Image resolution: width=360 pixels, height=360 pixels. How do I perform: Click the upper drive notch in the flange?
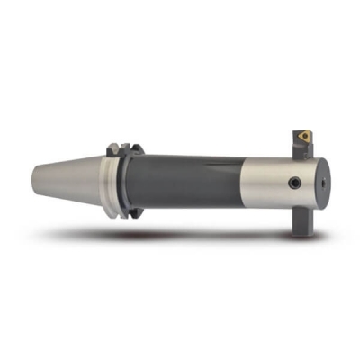click(x=114, y=147)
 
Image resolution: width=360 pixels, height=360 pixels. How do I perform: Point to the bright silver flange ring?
click(x=111, y=184)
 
